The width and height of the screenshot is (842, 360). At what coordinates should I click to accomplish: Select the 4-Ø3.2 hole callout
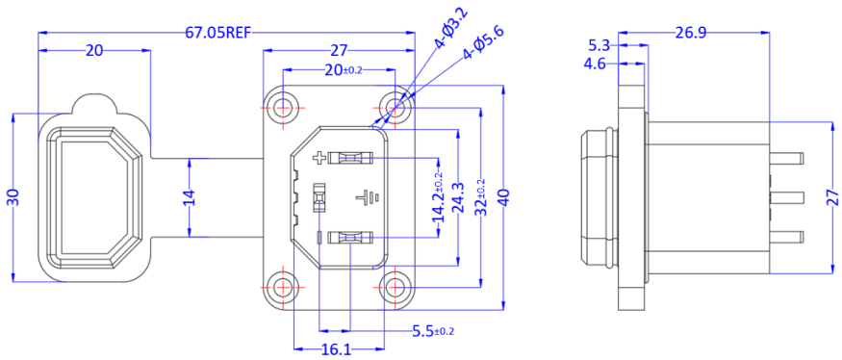click(449, 28)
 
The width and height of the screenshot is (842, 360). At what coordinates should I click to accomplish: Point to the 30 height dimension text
click(13, 197)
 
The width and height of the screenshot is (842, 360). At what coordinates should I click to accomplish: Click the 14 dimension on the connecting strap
click(190, 197)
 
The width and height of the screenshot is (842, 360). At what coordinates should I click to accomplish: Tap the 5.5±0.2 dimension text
click(432, 331)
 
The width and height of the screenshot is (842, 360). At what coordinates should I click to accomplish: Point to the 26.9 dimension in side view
click(691, 32)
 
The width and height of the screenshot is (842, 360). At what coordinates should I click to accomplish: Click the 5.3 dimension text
click(598, 45)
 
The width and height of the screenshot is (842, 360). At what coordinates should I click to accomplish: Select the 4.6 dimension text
click(595, 64)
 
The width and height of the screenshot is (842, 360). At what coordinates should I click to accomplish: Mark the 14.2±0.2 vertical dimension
click(440, 198)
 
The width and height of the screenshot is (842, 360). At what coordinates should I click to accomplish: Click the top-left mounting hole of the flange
click(282, 107)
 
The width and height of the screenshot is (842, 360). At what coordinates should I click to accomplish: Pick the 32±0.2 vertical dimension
click(480, 198)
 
